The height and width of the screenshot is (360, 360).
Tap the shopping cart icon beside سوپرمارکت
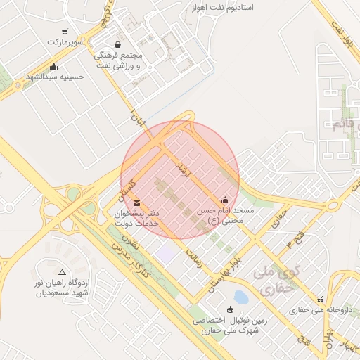(65, 31)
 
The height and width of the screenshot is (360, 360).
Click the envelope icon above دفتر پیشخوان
(136, 204)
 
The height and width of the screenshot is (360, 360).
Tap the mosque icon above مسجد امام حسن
(225, 200)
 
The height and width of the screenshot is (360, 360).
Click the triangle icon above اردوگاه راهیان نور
(62, 271)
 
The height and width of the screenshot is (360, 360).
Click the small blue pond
(241, 297)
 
